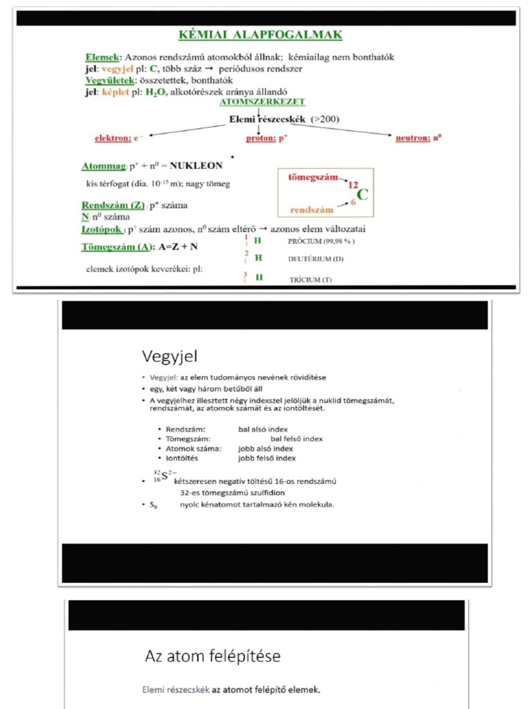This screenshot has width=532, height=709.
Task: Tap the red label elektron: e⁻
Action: click(x=116, y=138)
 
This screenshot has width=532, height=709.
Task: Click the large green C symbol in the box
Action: click(x=362, y=194)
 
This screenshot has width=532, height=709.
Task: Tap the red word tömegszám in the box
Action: click(x=312, y=177)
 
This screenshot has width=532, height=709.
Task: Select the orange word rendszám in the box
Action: click(x=312, y=209)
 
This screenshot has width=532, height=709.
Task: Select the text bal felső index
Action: click(x=296, y=438)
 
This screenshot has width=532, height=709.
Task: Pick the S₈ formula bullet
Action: click(x=154, y=505)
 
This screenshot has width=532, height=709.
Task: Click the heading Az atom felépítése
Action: click(x=213, y=656)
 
